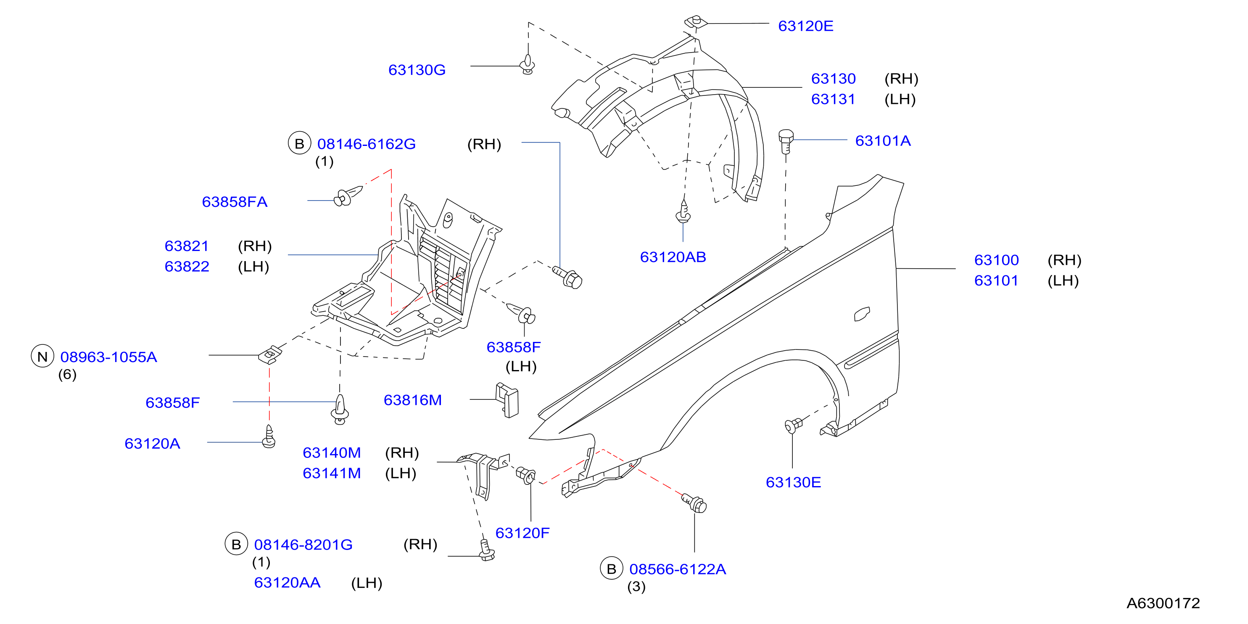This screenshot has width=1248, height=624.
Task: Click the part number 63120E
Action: (x=806, y=26)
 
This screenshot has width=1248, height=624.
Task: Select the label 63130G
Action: (x=417, y=70)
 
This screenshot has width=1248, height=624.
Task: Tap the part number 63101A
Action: (x=883, y=141)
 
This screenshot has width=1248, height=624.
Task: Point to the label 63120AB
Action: (x=673, y=257)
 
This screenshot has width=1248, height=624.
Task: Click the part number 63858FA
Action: (x=235, y=202)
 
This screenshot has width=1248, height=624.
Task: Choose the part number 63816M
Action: (x=413, y=400)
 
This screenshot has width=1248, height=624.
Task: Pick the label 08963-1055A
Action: (x=108, y=357)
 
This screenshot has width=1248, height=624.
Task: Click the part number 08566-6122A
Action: (x=677, y=569)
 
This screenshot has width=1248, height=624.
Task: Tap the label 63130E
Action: (x=793, y=483)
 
